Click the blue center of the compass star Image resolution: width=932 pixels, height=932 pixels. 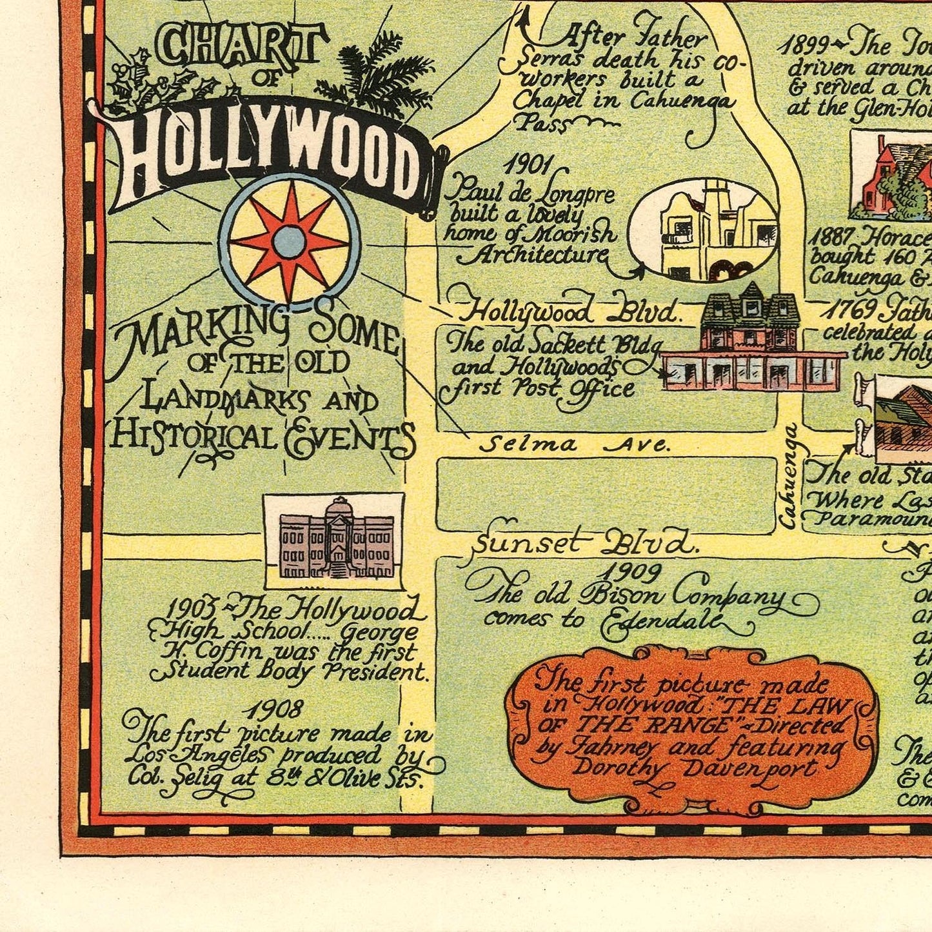tap(288, 242)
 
